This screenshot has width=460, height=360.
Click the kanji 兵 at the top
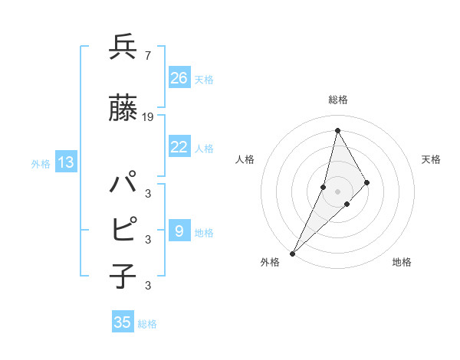pos(123,47)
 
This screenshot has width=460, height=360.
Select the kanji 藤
pos(123,108)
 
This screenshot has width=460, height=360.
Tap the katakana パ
pos(123,185)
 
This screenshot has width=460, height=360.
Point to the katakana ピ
pos(123,229)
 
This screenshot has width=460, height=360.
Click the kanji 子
pos(123,276)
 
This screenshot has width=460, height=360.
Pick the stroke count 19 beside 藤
pos(148,117)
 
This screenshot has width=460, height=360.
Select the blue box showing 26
pos(179,77)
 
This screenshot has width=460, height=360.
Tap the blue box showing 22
pos(179,147)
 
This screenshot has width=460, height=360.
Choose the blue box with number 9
pos(179,231)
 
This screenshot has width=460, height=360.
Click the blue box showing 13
pos(66,162)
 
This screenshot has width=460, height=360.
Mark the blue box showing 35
pos(123,322)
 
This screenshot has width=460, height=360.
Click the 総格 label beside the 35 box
pos(147,324)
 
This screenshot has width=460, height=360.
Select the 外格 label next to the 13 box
pos(41,163)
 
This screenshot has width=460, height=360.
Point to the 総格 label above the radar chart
pos(337,100)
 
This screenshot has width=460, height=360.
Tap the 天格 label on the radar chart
pos(431,159)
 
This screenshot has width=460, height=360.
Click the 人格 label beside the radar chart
pos(245,159)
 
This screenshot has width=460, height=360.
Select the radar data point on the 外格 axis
pos(293,253)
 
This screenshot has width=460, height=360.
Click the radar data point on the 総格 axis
pos(337,130)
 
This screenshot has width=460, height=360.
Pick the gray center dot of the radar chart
pos(337,191)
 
